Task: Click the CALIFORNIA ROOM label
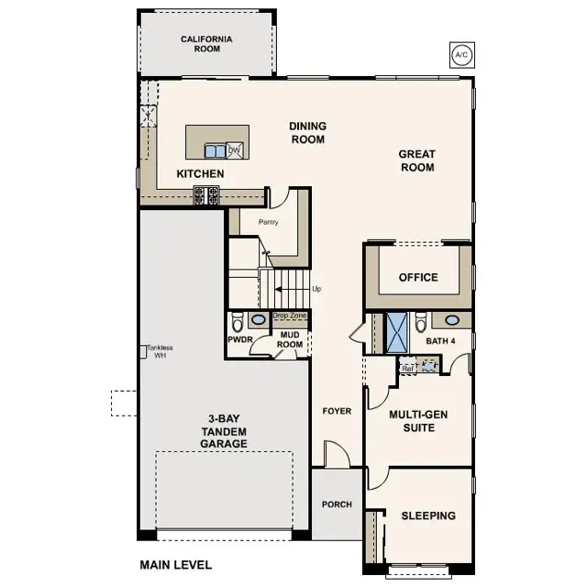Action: (x=206, y=44)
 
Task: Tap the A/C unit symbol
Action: (x=460, y=55)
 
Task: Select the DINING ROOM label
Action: (x=307, y=133)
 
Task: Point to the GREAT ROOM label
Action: (x=416, y=161)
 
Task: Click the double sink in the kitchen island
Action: (x=215, y=150)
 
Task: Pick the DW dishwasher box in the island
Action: (x=234, y=150)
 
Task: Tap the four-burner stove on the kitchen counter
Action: (x=206, y=194)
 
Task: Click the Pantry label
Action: (x=268, y=222)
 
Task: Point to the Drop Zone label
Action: (x=290, y=316)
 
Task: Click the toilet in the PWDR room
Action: (x=238, y=322)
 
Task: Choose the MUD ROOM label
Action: (x=291, y=339)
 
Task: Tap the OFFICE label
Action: (x=418, y=277)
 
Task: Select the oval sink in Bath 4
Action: (x=451, y=320)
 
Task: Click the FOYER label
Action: (x=337, y=411)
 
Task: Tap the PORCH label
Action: (x=336, y=504)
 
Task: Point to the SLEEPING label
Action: (x=428, y=515)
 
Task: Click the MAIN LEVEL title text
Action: (x=175, y=565)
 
